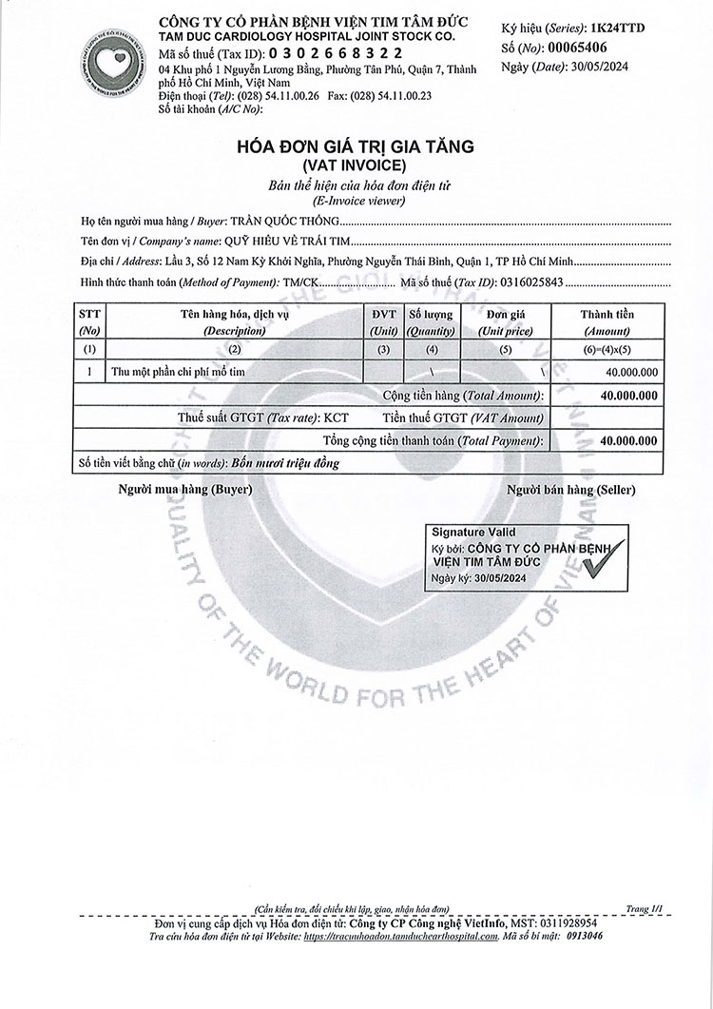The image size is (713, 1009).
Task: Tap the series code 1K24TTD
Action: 617,29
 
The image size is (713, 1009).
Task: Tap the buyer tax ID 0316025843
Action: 524,281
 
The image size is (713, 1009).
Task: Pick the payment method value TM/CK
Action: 302,281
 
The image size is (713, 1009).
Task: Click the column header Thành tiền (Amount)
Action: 607,321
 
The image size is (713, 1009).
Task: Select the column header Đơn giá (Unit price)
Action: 505,321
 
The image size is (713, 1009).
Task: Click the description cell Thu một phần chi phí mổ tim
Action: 178,372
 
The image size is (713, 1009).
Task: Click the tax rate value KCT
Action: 336,417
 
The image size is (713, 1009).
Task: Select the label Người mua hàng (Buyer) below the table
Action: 184,490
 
